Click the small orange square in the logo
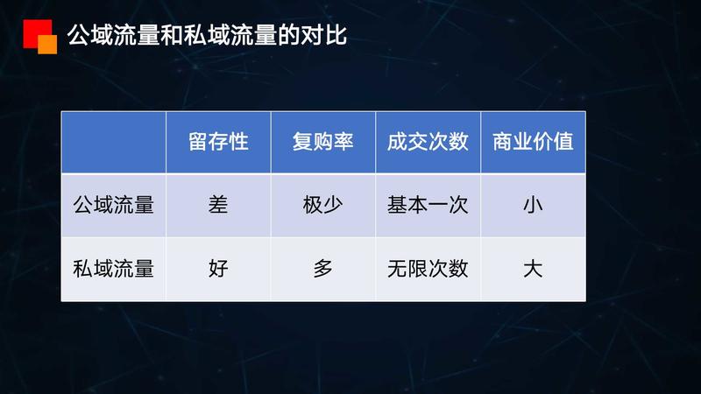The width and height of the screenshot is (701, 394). (48, 45)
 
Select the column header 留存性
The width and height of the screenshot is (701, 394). (218, 143)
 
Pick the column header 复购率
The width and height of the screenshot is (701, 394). (323, 143)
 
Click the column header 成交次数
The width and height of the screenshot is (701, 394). (428, 143)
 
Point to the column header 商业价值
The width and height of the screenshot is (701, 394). (533, 143)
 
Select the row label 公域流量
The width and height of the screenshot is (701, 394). (113, 205)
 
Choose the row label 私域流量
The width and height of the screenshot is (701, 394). (113, 269)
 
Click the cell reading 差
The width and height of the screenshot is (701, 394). (218, 205)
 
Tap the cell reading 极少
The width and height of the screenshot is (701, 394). (323, 205)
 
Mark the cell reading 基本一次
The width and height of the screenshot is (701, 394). (428, 205)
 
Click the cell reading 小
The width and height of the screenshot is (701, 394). (533, 205)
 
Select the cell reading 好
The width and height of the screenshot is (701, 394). (218, 269)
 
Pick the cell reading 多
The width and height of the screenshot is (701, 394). (323, 269)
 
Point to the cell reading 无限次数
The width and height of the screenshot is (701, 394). (428, 269)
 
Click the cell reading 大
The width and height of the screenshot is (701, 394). (533, 269)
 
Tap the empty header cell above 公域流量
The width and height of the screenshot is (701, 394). (113, 143)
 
